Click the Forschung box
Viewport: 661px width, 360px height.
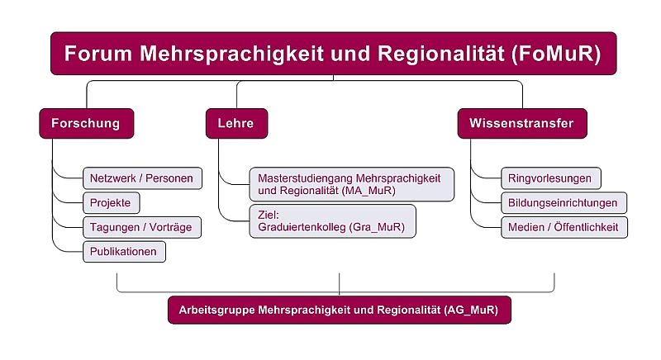(87, 123)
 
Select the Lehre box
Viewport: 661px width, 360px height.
(236, 123)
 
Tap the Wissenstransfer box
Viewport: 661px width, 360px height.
(522, 123)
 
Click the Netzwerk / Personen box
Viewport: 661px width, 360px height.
(142, 178)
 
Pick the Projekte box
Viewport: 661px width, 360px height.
(112, 203)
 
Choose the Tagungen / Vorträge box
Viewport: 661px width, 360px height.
(142, 227)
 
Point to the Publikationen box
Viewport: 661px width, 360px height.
(125, 252)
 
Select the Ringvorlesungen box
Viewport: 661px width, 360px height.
(551, 178)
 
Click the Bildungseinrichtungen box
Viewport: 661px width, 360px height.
(564, 203)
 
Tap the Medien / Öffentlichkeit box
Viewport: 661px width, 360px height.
(564, 227)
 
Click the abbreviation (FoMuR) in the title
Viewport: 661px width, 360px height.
(556, 54)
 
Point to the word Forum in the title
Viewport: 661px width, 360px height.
(98, 54)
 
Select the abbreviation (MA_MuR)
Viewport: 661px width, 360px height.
(369, 191)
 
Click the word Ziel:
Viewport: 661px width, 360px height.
(269, 215)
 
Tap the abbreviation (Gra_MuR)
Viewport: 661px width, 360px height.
(377, 227)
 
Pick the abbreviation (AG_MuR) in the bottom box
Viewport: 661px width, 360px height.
(471, 310)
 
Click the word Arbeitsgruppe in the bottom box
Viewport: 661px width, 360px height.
(217, 310)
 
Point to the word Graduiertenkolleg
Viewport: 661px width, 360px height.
(302, 227)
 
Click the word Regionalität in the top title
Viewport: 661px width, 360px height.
(441, 54)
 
